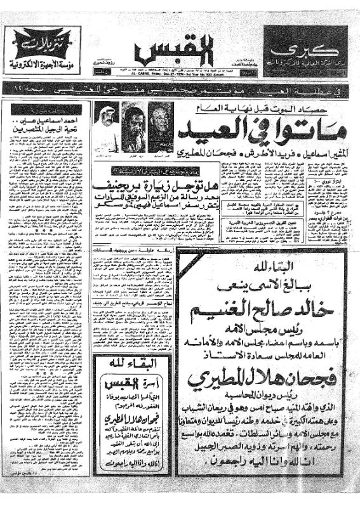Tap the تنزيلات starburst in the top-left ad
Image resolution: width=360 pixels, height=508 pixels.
[x=45, y=44]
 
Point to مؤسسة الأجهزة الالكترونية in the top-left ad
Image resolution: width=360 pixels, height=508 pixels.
[x=46, y=64]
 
